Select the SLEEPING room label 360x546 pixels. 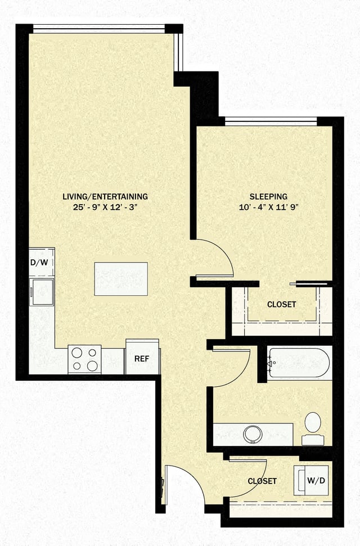pos(269,197)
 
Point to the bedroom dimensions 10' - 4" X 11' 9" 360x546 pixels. pos(269,207)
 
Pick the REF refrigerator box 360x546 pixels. pos(142,358)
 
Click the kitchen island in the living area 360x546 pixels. pos(121,278)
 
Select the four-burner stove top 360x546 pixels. pos(84,359)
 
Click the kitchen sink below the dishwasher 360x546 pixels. pos(42,291)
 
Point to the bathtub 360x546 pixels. pos(299,363)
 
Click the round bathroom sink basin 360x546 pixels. pos(253,434)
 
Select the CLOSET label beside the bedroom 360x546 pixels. pos(281,304)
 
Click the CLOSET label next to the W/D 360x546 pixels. pos(262,481)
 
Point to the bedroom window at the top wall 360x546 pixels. pos(271,120)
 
